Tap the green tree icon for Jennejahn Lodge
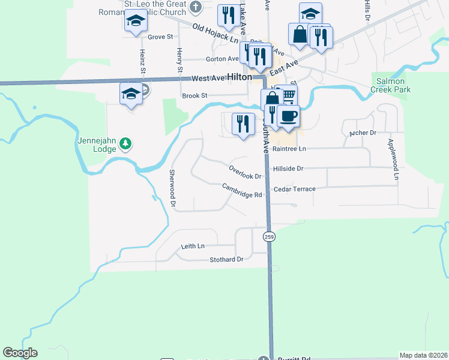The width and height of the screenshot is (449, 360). click(125, 143)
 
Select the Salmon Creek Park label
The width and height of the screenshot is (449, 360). click(393, 85)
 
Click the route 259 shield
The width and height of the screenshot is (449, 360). click(269, 236)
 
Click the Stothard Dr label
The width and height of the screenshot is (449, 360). click(226, 260)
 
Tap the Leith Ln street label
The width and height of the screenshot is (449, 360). click(193, 246)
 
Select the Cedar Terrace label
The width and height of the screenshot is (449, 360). click(294, 189)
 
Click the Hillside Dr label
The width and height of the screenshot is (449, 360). click(289, 169)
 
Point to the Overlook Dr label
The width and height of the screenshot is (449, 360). click(246, 172)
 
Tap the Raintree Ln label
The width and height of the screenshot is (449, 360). click(289, 148)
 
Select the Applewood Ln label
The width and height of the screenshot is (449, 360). click(393, 159)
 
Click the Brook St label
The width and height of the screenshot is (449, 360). click(194, 95)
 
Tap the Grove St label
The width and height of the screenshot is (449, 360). click(160, 37)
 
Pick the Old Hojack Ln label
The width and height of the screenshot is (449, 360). click(215, 34)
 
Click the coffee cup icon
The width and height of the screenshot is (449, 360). click(289, 116)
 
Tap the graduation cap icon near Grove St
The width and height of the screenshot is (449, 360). click(136, 22)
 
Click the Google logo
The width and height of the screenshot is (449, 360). click(20, 353)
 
